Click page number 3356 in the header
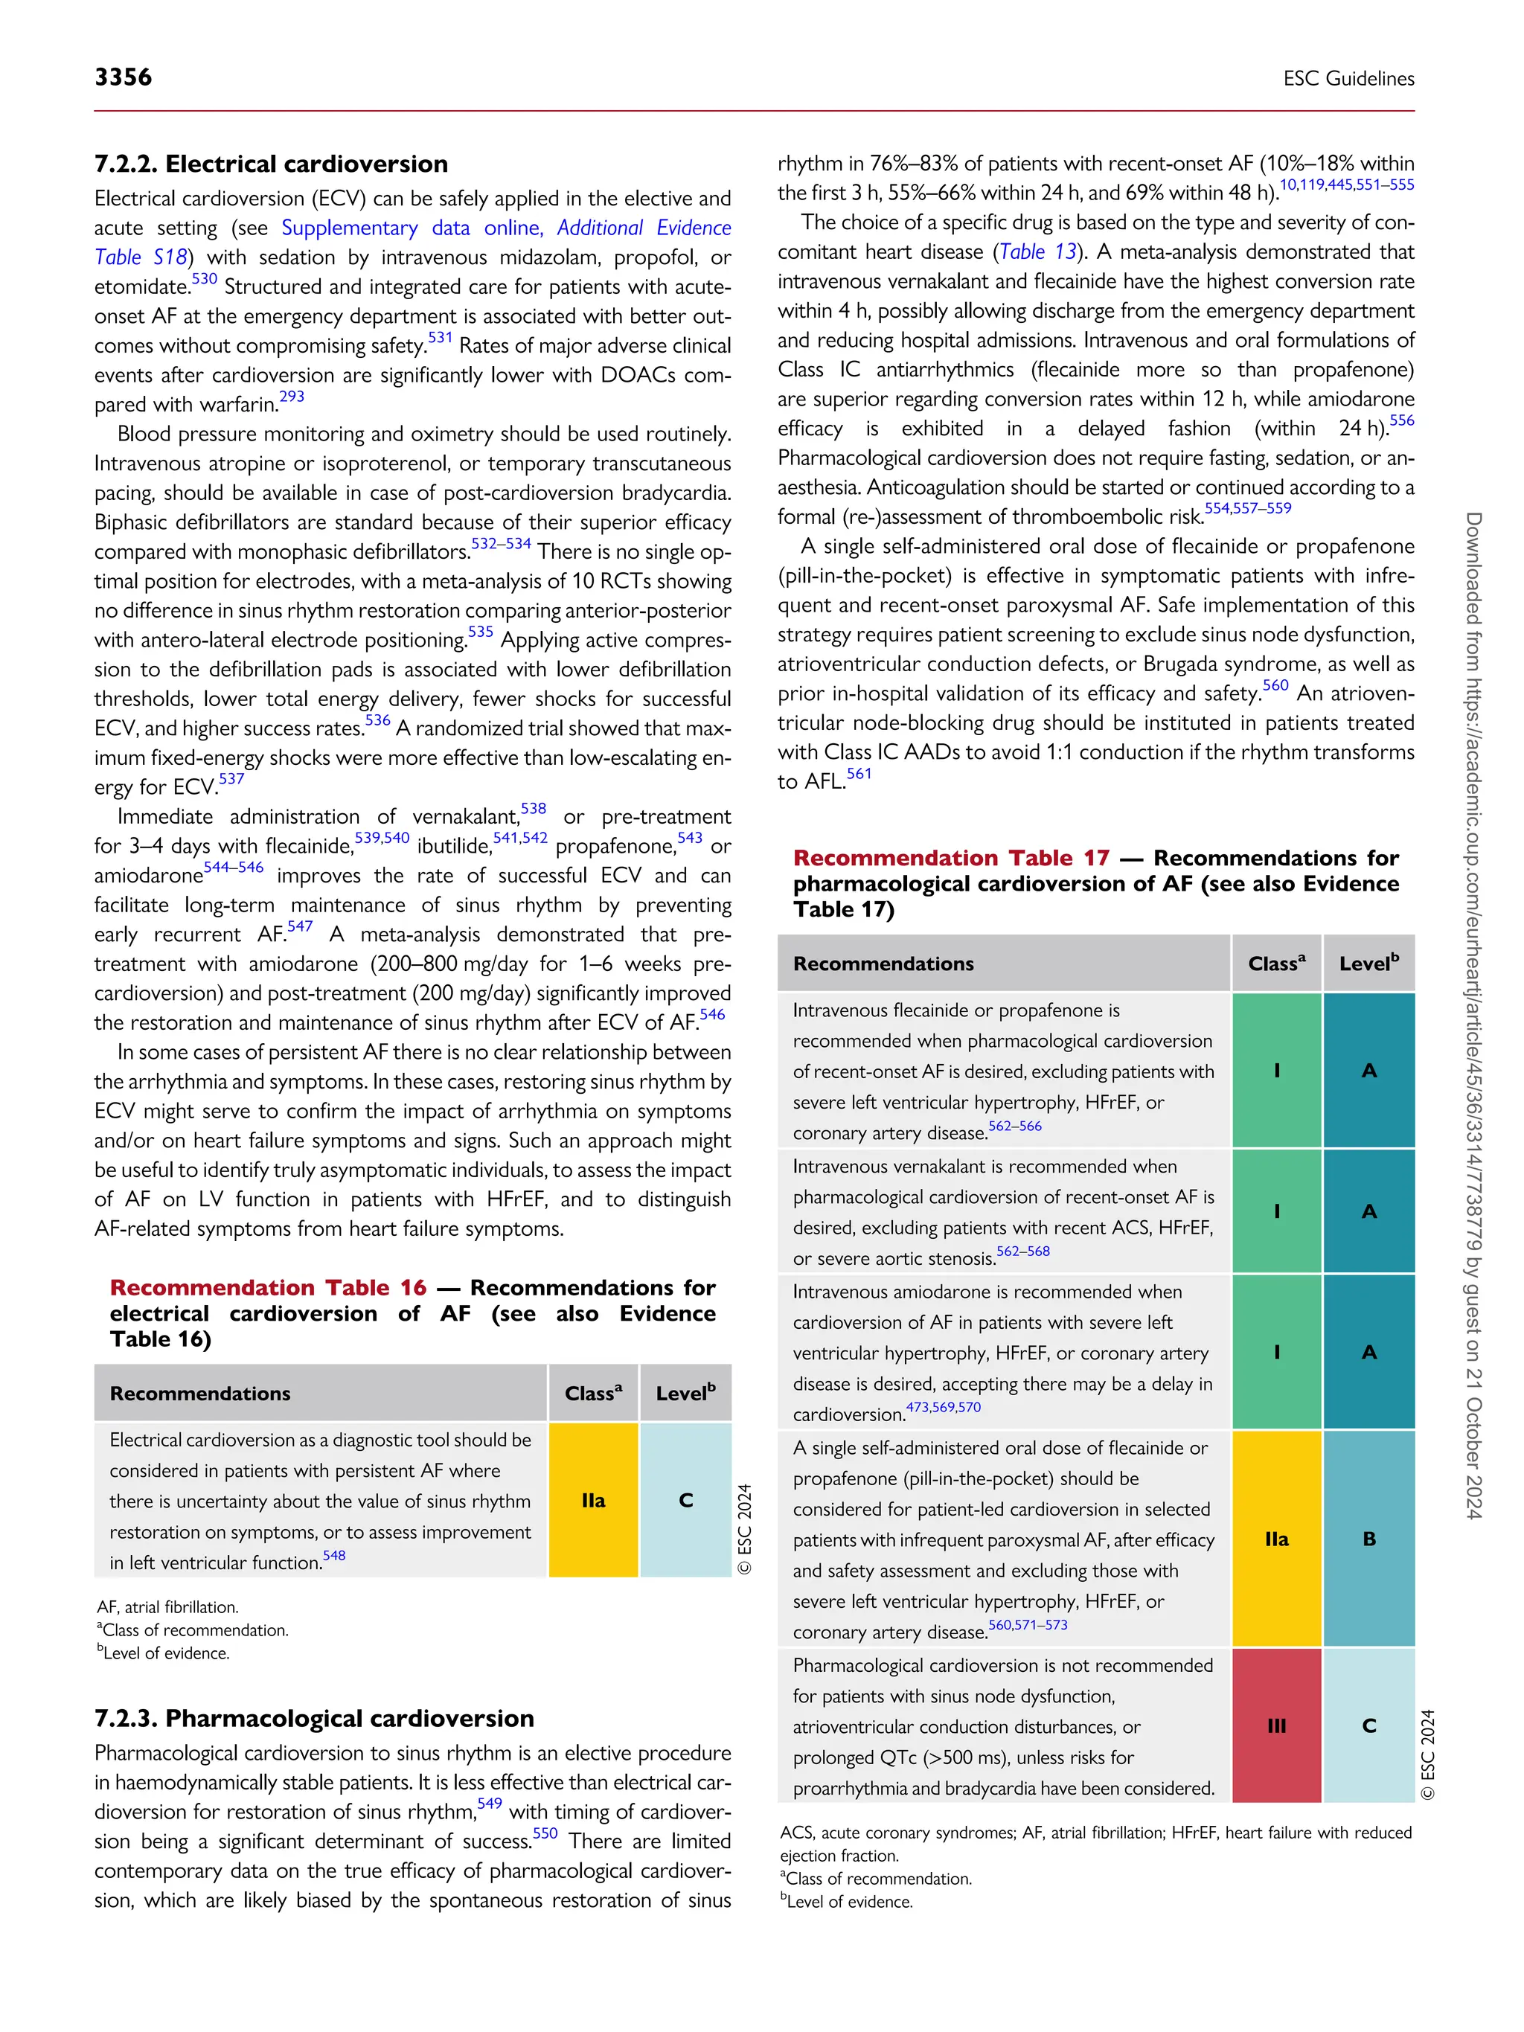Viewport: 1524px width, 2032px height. click(x=123, y=77)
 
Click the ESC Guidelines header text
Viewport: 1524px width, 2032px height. click(x=1348, y=79)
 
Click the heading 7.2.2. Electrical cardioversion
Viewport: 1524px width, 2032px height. click(x=271, y=164)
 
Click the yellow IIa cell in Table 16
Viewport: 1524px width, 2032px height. click(x=593, y=1500)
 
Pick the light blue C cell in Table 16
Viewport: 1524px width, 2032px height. click(x=685, y=1500)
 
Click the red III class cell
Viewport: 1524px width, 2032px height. click(x=1276, y=1725)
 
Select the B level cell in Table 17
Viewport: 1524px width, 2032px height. click(x=1368, y=1539)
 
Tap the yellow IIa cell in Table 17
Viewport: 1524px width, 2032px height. click(x=1276, y=1539)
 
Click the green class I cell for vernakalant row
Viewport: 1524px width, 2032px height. click(x=1276, y=1211)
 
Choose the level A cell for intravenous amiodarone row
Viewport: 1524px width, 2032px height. click(x=1368, y=1351)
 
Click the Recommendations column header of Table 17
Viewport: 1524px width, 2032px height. click(x=884, y=964)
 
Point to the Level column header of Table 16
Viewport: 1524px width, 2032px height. click(x=685, y=1394)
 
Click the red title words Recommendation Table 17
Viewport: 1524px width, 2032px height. click(x=951, y=858)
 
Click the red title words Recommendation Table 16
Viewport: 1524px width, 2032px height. click(x=268, y=1288)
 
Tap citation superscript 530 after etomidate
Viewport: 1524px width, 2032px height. click(x=204, y=279)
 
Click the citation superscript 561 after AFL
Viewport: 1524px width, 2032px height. click(x=859, y=774)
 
